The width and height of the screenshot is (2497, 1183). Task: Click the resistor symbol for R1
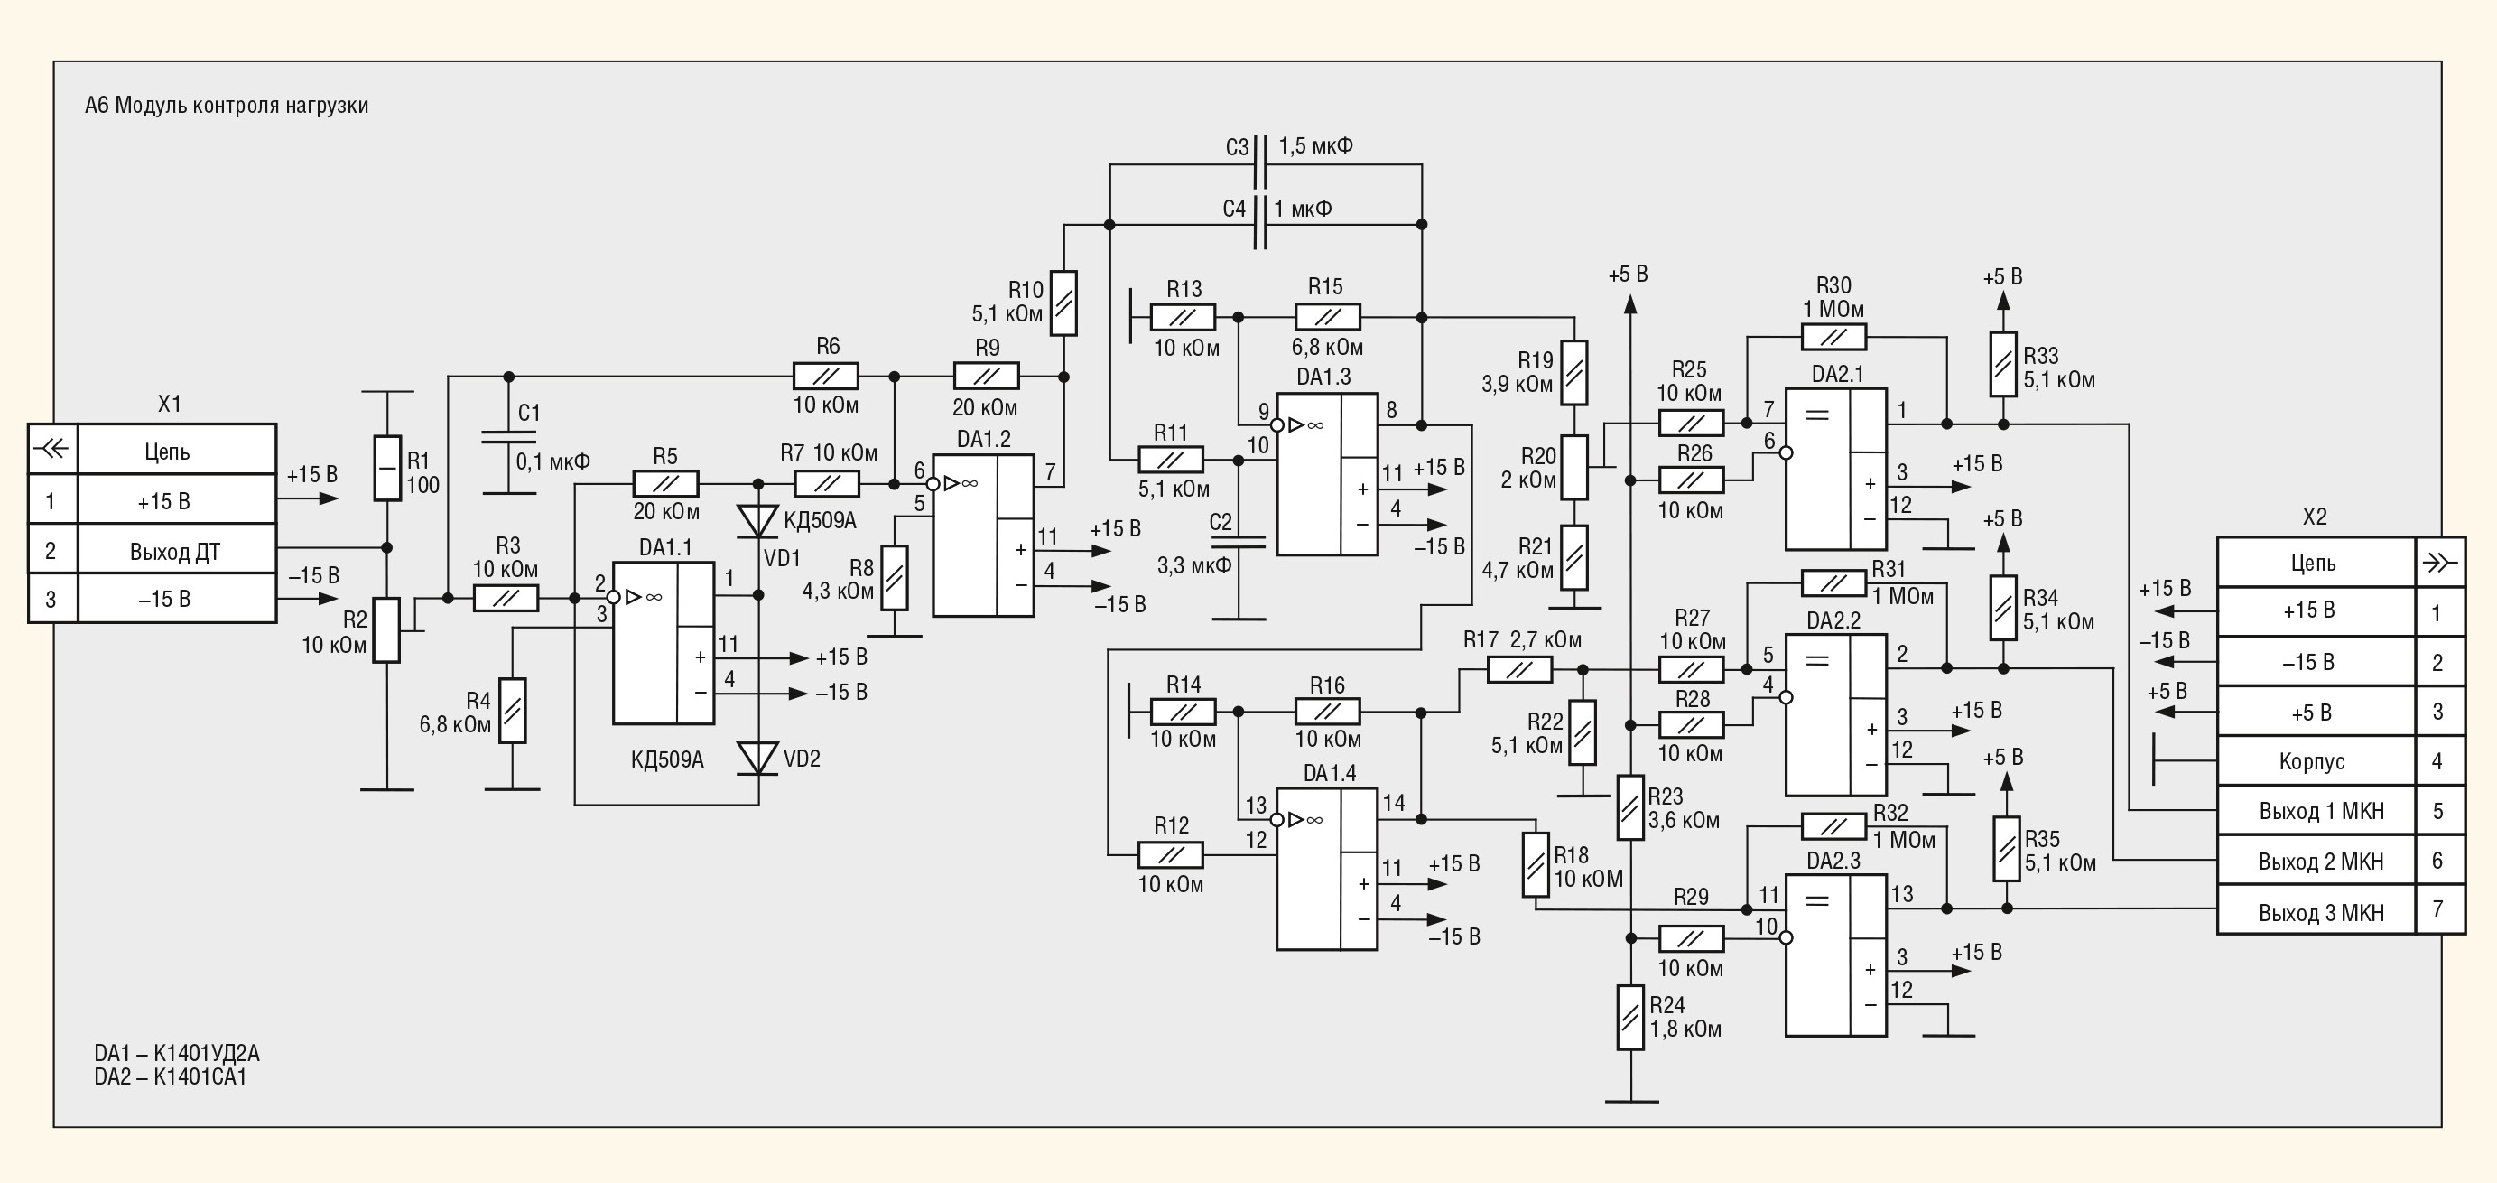tap(388, 469)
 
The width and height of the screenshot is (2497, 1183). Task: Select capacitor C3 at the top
tap(1260, 163)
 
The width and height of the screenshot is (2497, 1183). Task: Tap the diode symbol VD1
tap(758, 522)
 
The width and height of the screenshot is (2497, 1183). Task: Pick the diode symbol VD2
tap(758, 759)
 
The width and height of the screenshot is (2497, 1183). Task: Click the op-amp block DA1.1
tap(664, 643)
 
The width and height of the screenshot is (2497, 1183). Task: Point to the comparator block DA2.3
tap(1836, 955)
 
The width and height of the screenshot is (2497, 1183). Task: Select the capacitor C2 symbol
tap(1239, 542)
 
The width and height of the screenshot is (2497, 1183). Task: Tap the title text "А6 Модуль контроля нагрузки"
tap(227, 106)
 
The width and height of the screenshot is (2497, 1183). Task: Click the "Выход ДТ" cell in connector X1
tap(176, 550)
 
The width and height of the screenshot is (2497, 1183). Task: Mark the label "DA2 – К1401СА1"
tap(171, 1077)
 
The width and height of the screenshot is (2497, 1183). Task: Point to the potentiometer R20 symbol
tap(1574, 468)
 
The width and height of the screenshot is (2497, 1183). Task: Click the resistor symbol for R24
tap(1630, 1017)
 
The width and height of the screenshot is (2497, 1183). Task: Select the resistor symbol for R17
tap(1519, 669)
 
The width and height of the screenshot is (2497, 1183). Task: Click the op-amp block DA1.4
tap(1327, 869)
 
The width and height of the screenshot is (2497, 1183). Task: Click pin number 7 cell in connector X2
tap(2439, 910)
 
